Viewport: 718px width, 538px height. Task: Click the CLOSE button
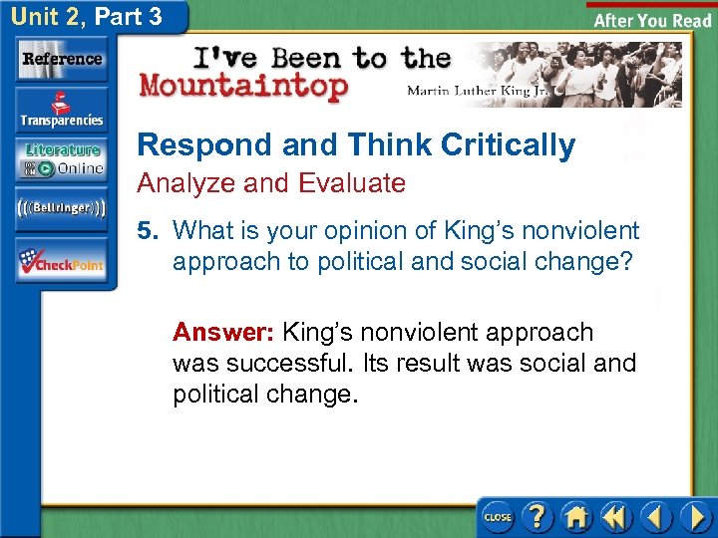[497, 517]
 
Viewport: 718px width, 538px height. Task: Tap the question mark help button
[537, 517]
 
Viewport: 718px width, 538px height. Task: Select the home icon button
[575, 517]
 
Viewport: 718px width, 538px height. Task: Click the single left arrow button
[655, 517]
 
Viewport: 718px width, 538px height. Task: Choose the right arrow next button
[694, 517]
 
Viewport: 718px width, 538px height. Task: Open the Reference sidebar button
[62, 60]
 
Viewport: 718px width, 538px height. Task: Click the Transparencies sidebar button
[62, 111]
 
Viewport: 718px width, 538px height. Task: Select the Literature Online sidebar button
[62, 159]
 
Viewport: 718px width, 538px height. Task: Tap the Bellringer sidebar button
[62, 208]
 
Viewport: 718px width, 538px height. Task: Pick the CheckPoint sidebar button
[62, 261]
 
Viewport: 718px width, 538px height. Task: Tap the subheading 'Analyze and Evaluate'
[271, 183]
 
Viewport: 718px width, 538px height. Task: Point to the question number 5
[148, 231]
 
